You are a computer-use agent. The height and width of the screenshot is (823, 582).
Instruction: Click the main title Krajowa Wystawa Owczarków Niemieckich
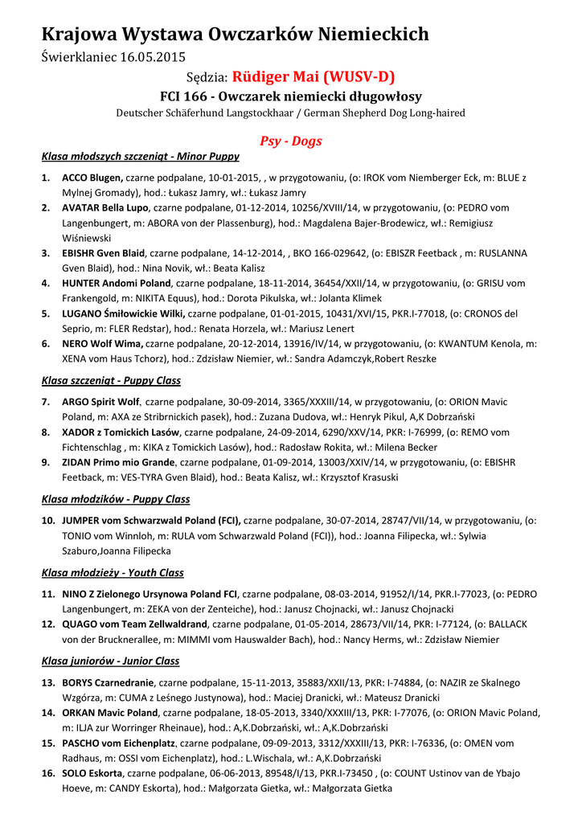pyautogui.click(x=235, y=34)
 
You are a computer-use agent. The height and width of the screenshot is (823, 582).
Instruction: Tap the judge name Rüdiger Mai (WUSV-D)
pyautogui.click(x=314, y=77)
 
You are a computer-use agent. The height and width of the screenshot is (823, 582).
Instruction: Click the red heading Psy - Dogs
pyautogui.click(x=290, y=141)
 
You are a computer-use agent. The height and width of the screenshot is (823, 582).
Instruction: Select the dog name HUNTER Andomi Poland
pyautogui.click(x=117, y=283)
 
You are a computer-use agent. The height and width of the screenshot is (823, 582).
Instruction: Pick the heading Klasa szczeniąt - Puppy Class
pyautogui.click(x=111, y=380)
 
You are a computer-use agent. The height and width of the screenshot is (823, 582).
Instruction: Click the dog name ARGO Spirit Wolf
pyautogui.click(x=101, y=402)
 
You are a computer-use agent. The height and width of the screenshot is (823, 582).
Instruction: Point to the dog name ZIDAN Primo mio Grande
pyautogui.click(x=118, y=462)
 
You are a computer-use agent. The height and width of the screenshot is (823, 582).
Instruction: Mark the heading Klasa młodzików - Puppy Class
pyautogui.click(x=115, y=499)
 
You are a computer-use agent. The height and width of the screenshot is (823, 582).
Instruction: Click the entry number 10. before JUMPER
pyautogui.click(x=48, y=521)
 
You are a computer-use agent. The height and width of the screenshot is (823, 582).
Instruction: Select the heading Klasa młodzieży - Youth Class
pyautogui.click(x=113, y=573)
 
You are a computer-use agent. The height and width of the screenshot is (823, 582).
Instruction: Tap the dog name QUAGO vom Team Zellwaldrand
pyautogui.click(x=135, y=624)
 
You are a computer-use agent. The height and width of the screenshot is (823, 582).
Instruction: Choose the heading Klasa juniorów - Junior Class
pyautogui.click(x=110, y=661)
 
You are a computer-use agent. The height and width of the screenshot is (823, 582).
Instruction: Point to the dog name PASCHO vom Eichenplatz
pyautogui.click(x=120, y=743)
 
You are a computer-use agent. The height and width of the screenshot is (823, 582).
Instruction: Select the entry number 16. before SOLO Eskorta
pyautogui.click(x=48, y=773)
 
